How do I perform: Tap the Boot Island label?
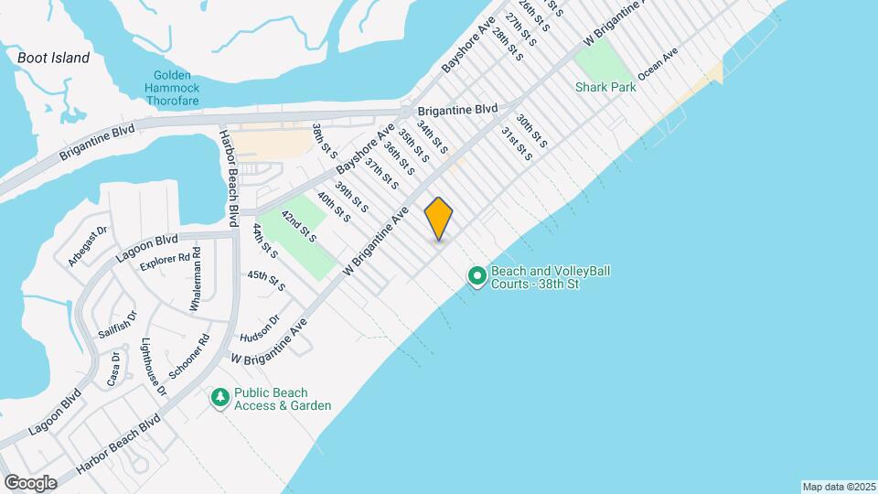pyautogui.click(x=54, y=58)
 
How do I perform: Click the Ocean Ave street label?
pyautogui.click(x=657, y=65)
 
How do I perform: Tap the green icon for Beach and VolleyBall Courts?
pyautogui.click(x=476, y=275)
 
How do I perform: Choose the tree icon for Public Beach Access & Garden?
pyautogui.click(x=219, y=397)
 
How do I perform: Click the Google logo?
pyautogui.click(x=30, y=482)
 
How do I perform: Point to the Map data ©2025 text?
pyautogui.click(x=838, y=486)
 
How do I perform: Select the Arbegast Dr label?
pyautogui.click(x=88, y=246)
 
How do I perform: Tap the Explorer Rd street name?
pyautogui.click(x=170, y=262)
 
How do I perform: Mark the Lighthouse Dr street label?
pyautogui.click(x=154, y=367)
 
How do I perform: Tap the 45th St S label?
pyautogui.click(x=266, y=280)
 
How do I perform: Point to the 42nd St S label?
pyautogui.click(x=298, y=225)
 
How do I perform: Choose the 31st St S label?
pyautogui.click(x=517, y=145)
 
